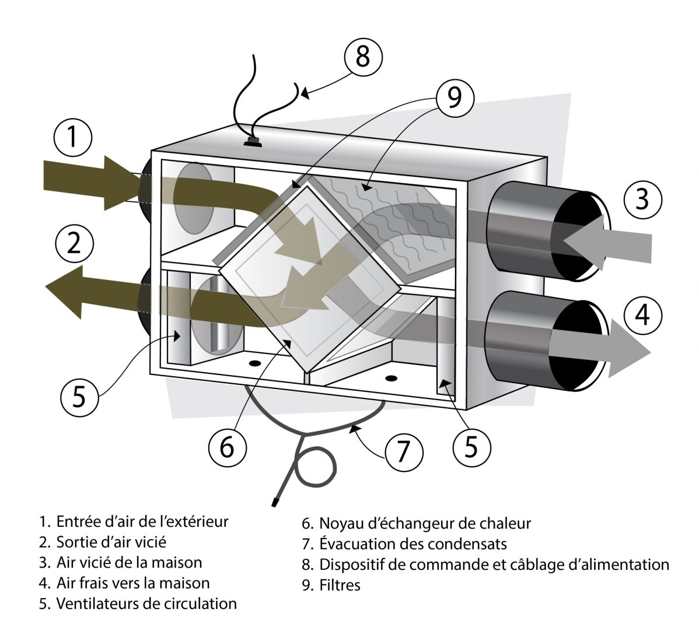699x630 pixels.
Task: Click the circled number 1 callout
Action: pyautogui.click(x=72, y=138)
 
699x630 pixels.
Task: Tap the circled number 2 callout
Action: pyautogui.click(x=74, y=244)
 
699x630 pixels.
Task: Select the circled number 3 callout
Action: pyautogui.click(x=642, y=199)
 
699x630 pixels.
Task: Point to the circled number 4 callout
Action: pyautogui.click(x=642, y=315)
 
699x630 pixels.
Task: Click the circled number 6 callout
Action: pyautogui.click(x=227, y=447)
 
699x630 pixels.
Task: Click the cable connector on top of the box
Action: pyautogui.click(x=252, y=141)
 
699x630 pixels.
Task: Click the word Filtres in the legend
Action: pyautogui.click(x=340, y=585)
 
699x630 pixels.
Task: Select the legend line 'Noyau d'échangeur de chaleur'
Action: pyautogui.click(x=417, y=523)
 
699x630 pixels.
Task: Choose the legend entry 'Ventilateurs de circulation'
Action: pyautogui.click(x=138, y=603)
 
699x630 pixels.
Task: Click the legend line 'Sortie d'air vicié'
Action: pyautogui.click(x=103, y=541)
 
